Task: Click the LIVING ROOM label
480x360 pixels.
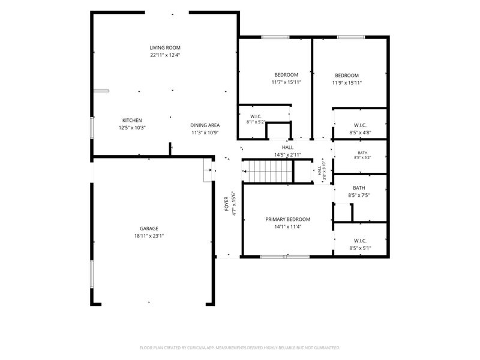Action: [165, 48]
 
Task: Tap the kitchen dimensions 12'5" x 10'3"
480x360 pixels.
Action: [132, 128]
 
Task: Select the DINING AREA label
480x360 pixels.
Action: [205, 125]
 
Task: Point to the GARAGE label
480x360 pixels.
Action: [149, 229]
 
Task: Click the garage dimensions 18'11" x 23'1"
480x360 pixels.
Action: [149, 236]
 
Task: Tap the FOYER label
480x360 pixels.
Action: [227, 203]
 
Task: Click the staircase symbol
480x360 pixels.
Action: [268, 171]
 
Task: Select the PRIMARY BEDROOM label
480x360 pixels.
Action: [288, 219]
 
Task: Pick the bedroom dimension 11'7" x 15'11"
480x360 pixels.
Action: [287, 82]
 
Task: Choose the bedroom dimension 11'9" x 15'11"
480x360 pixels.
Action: [347, 83]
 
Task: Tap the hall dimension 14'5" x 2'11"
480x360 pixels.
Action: [287, 155]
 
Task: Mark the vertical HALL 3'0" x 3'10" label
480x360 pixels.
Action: [322, 171]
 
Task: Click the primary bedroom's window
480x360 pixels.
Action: [285, 257]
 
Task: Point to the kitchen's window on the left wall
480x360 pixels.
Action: [92, 128]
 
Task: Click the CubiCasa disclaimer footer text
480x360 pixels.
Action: [239, 348]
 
